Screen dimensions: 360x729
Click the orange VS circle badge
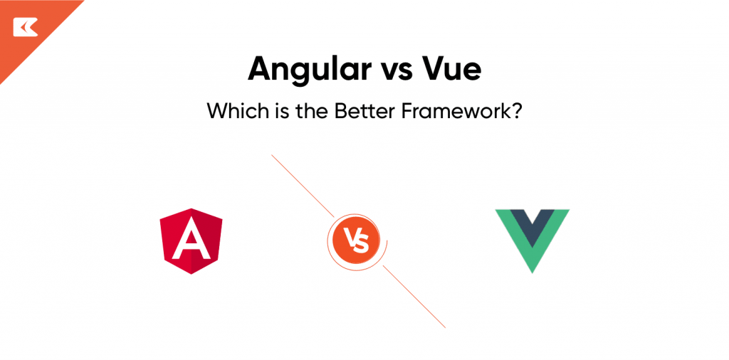[x=355, y=241]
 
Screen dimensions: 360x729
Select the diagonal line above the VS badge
[x=303, y=185]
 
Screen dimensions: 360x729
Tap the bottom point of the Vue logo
[x=532, y=271]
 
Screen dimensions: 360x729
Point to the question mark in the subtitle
[x=518, y=111]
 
